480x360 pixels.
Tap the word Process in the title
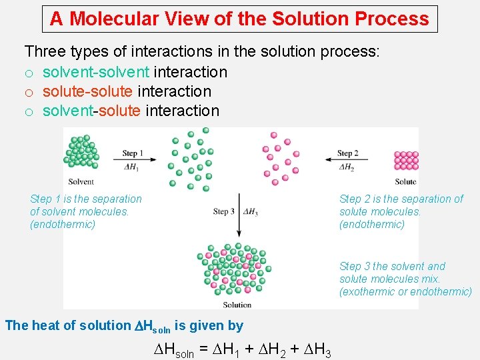[392, 19]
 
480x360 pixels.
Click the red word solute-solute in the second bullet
[88, 91]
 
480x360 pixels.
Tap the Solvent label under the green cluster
[81, 181]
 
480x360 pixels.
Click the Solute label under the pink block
[405, 181]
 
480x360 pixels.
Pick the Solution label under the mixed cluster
[237, 305]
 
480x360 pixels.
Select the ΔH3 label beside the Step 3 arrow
[251, 211]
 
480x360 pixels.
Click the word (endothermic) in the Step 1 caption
[63, 225]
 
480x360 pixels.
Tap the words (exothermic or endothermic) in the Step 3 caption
[405, 292]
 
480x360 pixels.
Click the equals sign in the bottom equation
[203, 351]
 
